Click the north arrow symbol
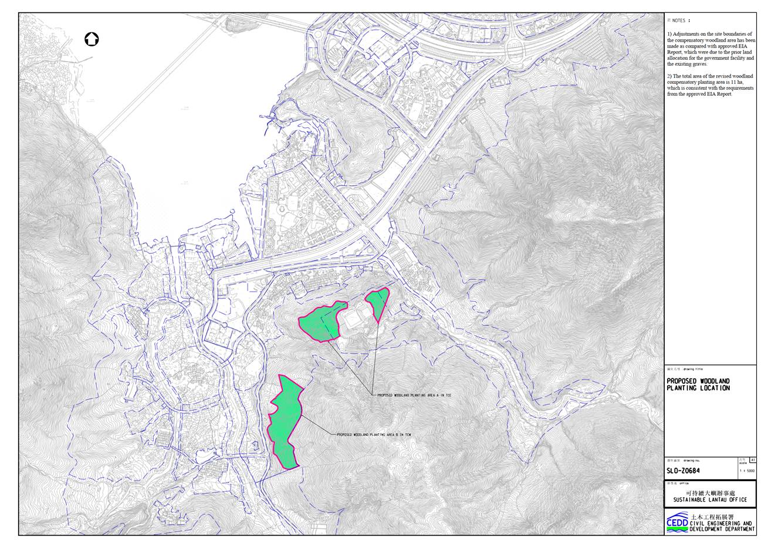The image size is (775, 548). point(92,39)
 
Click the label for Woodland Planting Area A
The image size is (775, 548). point(414,395)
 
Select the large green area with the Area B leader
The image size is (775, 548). point(286,418)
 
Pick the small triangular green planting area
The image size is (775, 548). point(377,302)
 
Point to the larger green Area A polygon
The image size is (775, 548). point(321,321)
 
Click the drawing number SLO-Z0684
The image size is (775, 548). point(683,471)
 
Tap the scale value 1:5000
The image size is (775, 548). point(747,471)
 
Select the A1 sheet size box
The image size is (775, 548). point(753,461)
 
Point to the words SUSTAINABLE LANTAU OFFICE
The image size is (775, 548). point(710,500)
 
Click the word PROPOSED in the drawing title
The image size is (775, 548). point(681,381)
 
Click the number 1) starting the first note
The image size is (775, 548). point(669,35)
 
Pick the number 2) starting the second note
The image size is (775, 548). point(669,76)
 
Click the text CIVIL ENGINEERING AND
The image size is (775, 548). point(722,523)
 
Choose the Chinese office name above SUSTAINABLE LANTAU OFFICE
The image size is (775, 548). point(710,493)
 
